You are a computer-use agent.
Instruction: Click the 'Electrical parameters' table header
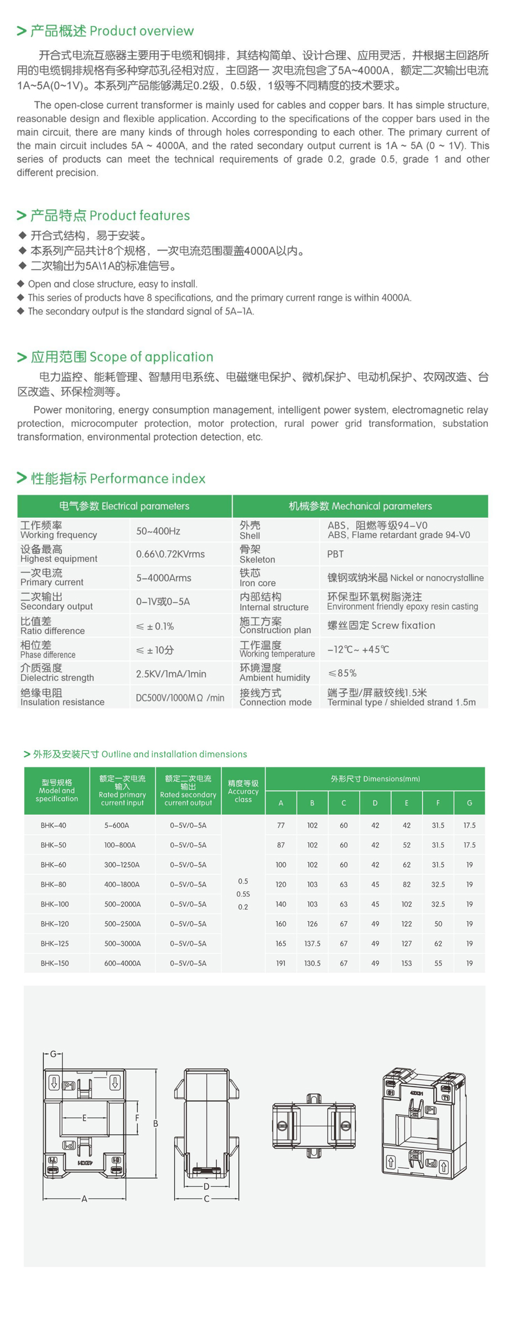(x=124, y=506)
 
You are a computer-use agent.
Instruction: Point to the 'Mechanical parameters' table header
(x=360, y=506)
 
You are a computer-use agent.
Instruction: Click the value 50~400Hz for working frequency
(x=158, y=531)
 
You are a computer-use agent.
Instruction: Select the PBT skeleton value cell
(x=335, y=554)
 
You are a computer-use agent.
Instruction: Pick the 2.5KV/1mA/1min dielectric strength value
(x=171, y=673)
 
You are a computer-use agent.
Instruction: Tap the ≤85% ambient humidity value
(x=342, y=673)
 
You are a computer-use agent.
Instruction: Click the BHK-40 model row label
(x=53, y=826)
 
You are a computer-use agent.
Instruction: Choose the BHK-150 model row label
(x=54, y=963)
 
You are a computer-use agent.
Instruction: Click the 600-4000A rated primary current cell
(x=122, y=963)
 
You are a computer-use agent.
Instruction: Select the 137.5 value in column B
(x=312, y=943)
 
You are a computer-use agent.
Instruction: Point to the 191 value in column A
(x=281, y=963)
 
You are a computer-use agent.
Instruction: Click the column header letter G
(x=469, y=803)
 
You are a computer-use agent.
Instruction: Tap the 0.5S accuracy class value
(x=243, y=894)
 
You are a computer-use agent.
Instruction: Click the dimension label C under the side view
(x=206, y=1199)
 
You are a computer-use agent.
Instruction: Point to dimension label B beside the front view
(x=155, y=1124)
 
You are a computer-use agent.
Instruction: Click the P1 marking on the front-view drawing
(x=69, y=1086)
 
